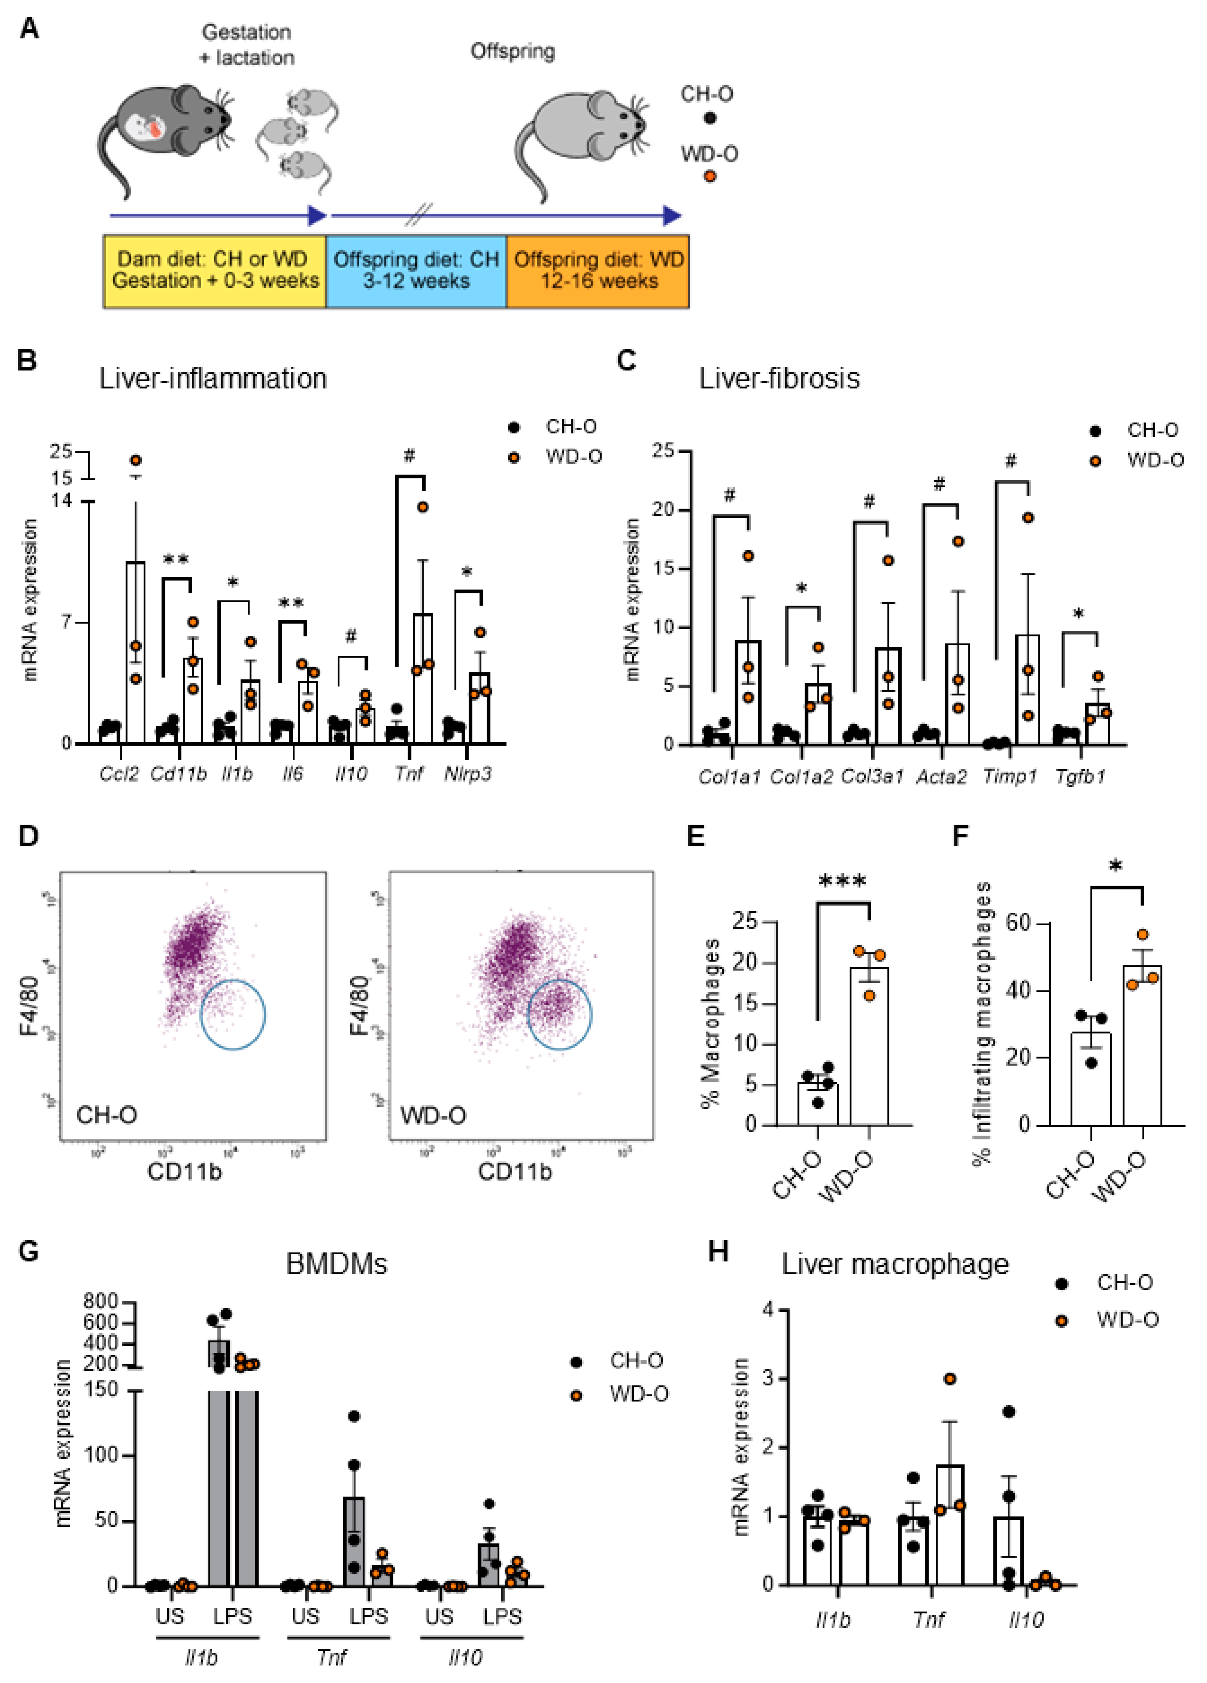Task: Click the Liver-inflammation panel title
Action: [213, 378]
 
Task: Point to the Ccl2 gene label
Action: [119, 774]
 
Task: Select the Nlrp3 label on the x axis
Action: [468, 774]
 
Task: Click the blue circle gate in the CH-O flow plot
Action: [232, 1014]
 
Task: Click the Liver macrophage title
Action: [895, 1264]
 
